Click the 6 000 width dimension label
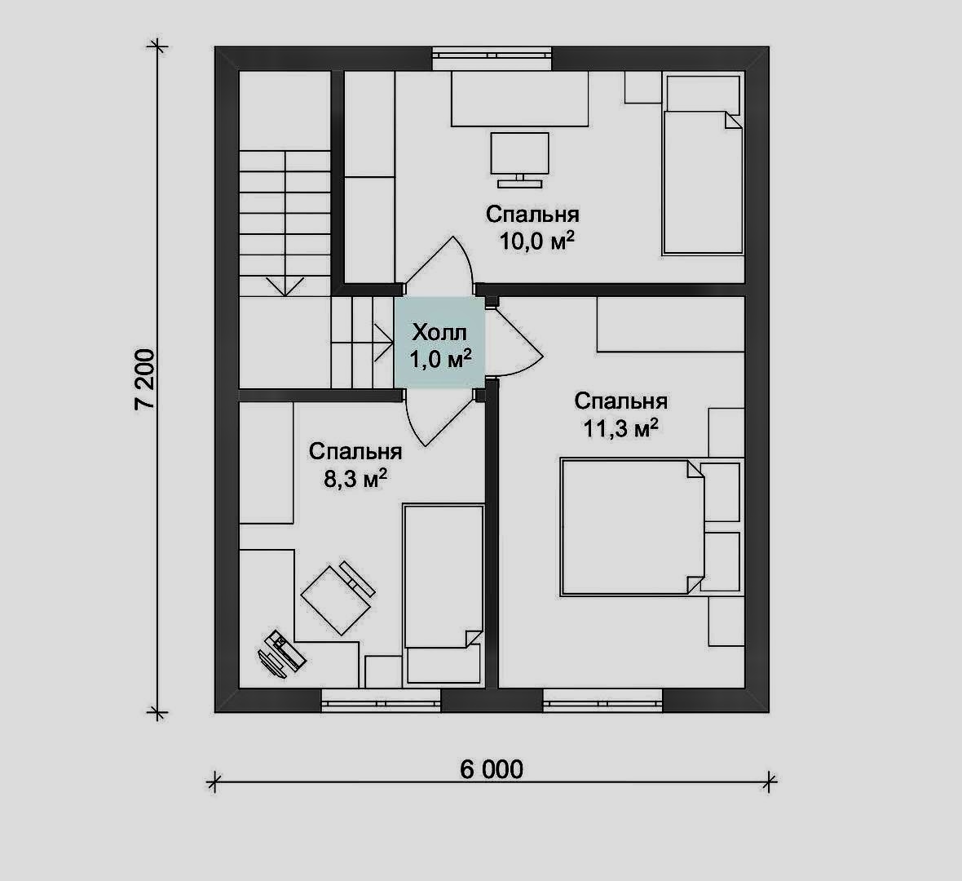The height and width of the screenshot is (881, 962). coord(492,769)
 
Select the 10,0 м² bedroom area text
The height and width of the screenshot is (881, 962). coord(537,241)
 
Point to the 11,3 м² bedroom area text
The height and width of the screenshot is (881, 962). coord(620,427)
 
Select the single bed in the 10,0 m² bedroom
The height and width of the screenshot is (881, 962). coord(703,164)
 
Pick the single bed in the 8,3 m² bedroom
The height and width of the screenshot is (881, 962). coord(443,594)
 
